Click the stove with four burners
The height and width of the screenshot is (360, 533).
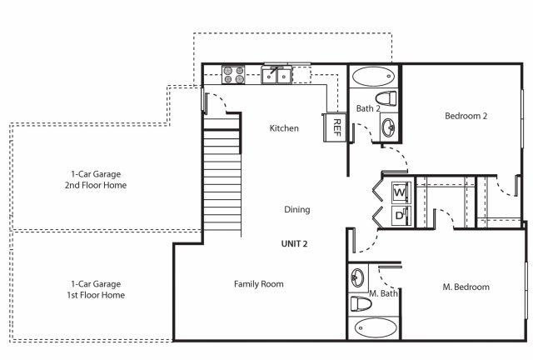tap(233, 74)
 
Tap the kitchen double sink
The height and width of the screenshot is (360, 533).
tap(276, 75)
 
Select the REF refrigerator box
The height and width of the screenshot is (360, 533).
tap(335, 127)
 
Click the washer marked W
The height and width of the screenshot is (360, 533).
tap(400, 192)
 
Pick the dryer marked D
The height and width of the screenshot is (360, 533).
tap(400, 216)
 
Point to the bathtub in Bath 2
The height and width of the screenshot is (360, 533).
tap(374, 77)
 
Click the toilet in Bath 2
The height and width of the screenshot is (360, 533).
tap(386, 98)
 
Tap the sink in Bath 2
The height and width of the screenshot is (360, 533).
tap(388, 127)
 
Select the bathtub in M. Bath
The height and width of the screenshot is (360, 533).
tap(376, 327)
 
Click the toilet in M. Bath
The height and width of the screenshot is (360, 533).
tap(361, 303)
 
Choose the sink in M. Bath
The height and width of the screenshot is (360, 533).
tap(357, 277)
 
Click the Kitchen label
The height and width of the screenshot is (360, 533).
tap(284, 128)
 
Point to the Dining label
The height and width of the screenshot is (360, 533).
tap(297, 209)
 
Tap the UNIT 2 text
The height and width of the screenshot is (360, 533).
tap(294, 243)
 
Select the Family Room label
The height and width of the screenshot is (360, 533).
tap(259, 284)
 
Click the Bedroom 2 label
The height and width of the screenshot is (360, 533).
tap(466, 116)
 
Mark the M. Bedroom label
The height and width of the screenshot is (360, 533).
tap(466, 287)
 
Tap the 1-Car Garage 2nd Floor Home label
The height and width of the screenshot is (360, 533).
tap(96, 180)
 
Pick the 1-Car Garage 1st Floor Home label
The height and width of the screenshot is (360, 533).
tap(96, 289)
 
